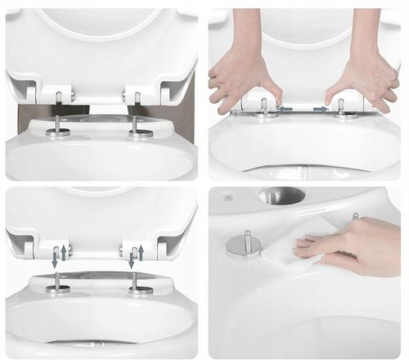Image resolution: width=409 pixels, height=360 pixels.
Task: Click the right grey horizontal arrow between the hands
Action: click(320, 107)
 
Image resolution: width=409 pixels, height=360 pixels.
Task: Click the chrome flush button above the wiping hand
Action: click(281, 196)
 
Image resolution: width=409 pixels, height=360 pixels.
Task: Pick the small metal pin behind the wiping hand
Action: click(356, 216)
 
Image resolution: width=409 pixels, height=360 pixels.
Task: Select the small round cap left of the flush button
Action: click(227, 198)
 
